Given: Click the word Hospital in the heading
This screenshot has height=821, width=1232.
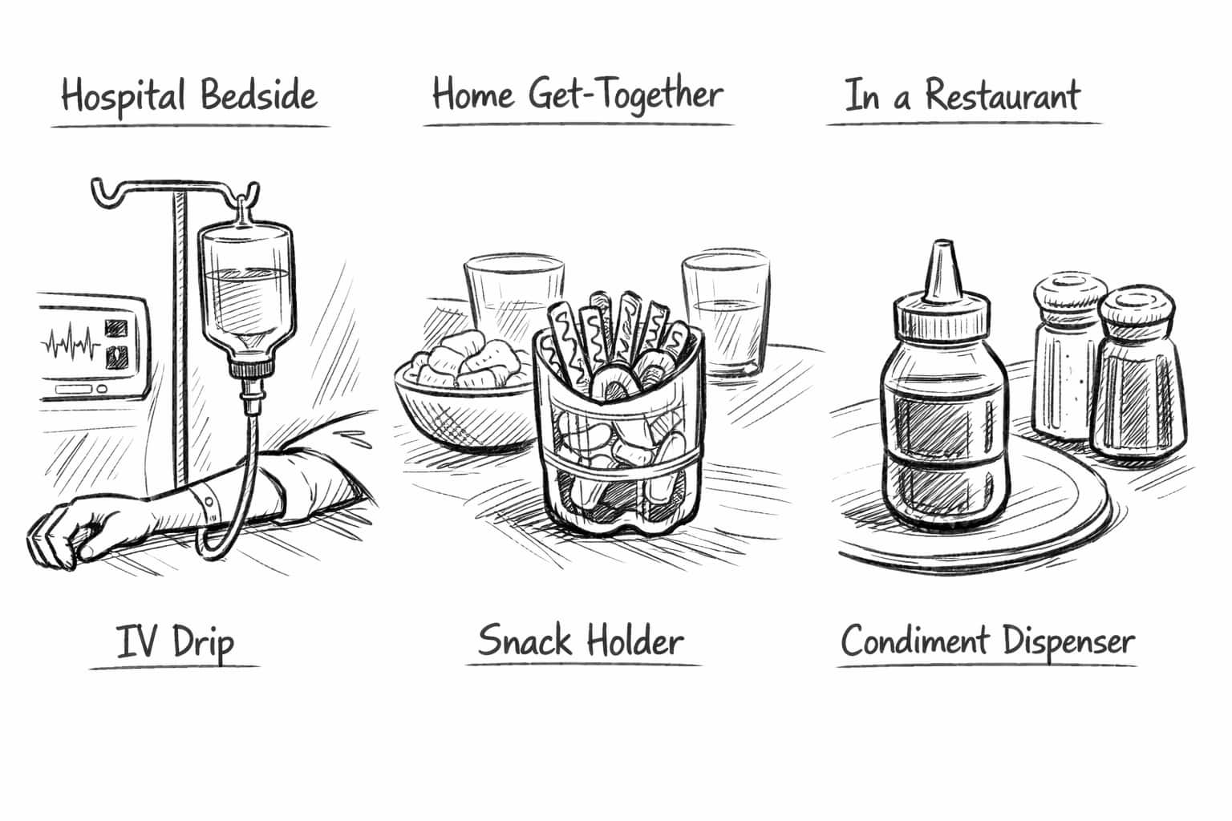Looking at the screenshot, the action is coord(124,96).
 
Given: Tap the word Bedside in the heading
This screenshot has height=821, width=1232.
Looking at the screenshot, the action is coord(258,95).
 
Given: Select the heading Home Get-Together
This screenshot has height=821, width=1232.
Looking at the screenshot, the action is coord(577,95).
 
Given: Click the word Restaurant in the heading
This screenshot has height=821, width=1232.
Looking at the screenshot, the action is coord(1002,95).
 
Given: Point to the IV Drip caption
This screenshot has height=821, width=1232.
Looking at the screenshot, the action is coord(175,641).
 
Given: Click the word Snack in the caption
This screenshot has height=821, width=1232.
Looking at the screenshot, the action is coord(525,640).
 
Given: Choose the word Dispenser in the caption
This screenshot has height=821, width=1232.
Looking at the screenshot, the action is coord(1068,641).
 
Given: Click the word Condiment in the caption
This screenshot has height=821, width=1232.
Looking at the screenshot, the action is coord(915,641).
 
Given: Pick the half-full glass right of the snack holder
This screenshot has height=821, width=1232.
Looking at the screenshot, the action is coord(725,313).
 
